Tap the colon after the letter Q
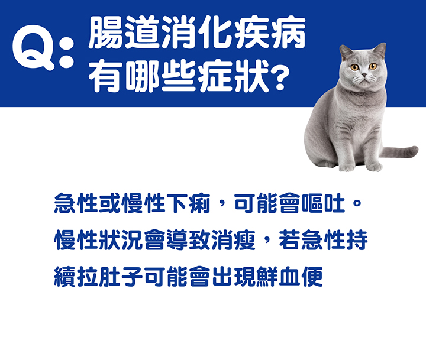tap(67, 51)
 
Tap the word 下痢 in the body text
tap(188, 203)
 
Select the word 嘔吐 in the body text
tap(323, 203)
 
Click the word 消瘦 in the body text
tap(233, 240)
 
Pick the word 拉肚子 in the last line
tap(110, 277)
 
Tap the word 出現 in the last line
tap(233, 277)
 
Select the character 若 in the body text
tap(289, 240)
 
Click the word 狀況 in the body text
tap(121, 240)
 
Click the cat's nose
tap(364, 74)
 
